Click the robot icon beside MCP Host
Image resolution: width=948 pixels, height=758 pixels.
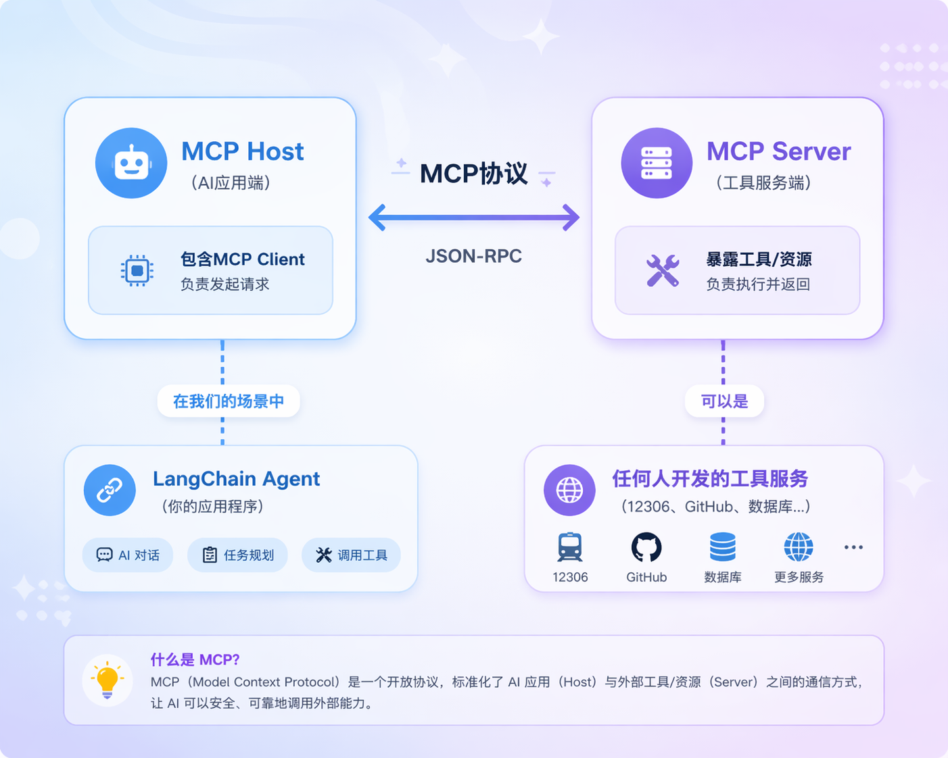pyautogui.click(x=131, y=163)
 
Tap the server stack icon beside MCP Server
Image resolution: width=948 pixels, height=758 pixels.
pyautogui.click(x=657, y=163)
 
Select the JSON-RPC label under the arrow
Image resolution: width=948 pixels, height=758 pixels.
pyautogui.click(x=473, y=256)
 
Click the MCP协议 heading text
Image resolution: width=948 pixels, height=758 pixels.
pyautogui.click(x=473, y=173)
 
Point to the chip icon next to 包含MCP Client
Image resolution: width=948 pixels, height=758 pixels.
pyautogui.click(x=137, y=270)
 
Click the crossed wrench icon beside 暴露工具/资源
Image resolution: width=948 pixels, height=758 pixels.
pyautogui.click(x=663, y=270)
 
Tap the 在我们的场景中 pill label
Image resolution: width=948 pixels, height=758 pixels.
pyautogui.click(x=229, y=401)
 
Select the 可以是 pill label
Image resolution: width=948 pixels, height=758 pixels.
pyautogui.click(x=724, y=401)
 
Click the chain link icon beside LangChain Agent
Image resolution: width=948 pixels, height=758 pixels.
pyautogui.click(x=110, y=490)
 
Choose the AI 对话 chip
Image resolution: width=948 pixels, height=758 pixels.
pyautogui.click(x=128, y=555)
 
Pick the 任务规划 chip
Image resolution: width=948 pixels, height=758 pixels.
pyautogui.click(x=237, y=555)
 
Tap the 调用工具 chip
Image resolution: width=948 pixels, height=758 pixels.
pyautogui.click(x=351, y=555)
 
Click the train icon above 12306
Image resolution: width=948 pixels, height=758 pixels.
pyautogui.click(x=570, y=547)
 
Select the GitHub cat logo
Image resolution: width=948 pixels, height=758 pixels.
pyautogui.click(x=646, y=547)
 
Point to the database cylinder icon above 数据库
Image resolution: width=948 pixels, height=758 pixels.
pyautogui.click(x=722, y=547)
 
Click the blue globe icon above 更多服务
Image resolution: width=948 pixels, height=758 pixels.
pyautogui.click(x=799, y=547)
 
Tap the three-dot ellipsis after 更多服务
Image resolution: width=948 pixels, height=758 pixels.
pyautogui.click(x=853, y=547)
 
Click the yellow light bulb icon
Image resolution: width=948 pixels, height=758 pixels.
pyautogui.click(x=107, y=681)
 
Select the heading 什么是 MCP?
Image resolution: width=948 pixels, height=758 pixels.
pyautogui.click(x=195, y=659)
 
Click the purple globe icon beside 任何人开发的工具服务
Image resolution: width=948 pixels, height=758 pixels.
pyautogui.click(x=569, y=490)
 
